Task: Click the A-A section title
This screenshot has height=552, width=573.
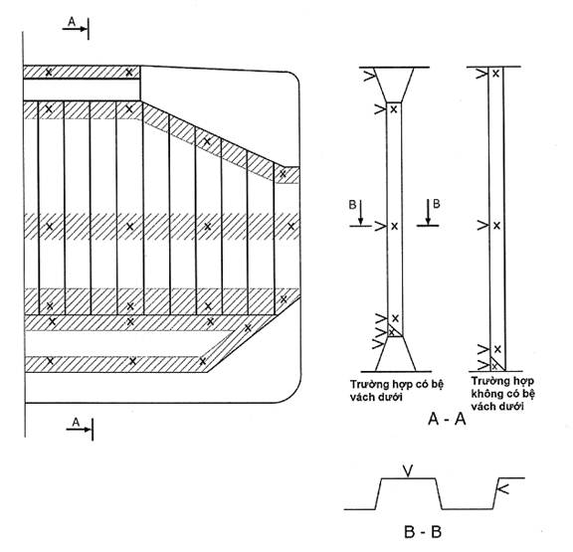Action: (x=447, y=419)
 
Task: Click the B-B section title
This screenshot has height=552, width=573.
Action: (x=423, y=532)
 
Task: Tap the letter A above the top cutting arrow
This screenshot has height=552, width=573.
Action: (x=72, y=22)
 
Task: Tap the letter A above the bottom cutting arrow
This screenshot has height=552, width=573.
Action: (x=76, y=422)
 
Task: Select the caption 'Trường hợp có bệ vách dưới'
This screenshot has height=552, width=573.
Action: (x=397, y=391)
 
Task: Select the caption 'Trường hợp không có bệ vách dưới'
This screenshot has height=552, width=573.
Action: (x=502, y=394)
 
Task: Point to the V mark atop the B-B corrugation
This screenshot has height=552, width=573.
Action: (x=409, y=470)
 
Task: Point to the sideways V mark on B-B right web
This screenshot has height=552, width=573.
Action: (x=503, y=488)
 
